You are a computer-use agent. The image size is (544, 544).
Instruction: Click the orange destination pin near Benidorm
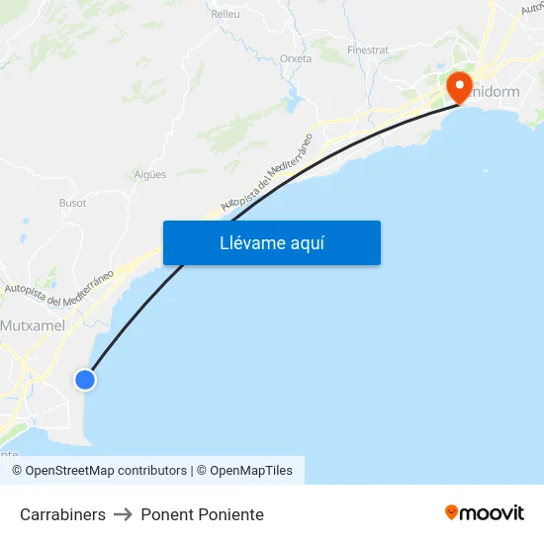click(460, 86)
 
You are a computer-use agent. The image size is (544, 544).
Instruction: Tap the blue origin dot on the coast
click(85, 379)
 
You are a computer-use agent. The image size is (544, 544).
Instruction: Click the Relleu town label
click(226, 15)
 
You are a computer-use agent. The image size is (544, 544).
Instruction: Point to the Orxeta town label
click(296, 58)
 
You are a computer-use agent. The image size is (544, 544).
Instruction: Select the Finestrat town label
click(368, 49)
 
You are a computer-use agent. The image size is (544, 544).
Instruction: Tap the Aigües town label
click(149, 174)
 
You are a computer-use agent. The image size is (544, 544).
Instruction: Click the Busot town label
click(73, 203)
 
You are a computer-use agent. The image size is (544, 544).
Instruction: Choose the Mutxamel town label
click(33, 325)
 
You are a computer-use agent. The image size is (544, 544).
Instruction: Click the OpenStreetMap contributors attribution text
click(106, 471)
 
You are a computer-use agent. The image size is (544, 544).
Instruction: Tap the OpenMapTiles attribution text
click(250, 471)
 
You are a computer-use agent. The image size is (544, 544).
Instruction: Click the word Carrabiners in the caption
click(62, 514)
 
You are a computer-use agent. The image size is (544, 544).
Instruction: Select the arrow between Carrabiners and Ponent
click(123, 514)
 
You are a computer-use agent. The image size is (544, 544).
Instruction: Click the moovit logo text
click(492, 513)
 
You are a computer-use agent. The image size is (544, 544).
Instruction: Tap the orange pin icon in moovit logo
click(452, 513)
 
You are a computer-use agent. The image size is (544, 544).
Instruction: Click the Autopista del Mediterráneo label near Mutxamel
click(58, 288)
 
